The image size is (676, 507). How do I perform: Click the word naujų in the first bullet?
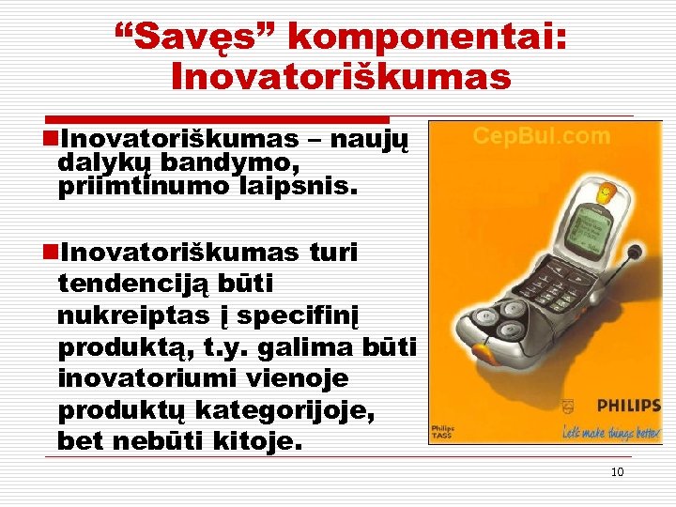(x=374, y=139)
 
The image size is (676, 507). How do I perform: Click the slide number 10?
(x=617, y=471)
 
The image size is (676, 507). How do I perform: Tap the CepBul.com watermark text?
(x=541, y=136)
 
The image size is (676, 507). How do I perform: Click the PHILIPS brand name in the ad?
(x=618, y=407)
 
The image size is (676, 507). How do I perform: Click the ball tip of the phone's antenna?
(x=635, y=252)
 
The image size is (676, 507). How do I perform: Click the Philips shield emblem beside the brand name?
(x=566, y=407)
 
